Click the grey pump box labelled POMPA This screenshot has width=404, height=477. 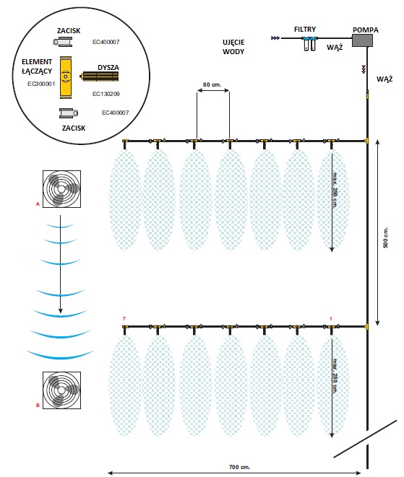click(x=362, y=40)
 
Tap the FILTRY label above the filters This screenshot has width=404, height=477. click(x=305, y=30)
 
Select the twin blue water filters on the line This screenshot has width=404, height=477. click(x=309, y=43)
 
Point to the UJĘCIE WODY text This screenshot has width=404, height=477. click(x=233, y=47)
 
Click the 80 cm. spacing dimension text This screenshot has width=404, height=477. click(x=212, y=84)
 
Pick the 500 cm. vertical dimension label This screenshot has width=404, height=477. click(x=385, y=237)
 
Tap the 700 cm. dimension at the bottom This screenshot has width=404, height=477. click(x=239, y=467)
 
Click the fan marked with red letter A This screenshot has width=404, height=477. click(x=61, y=189)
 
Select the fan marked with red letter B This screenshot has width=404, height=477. click(x=61, y=390)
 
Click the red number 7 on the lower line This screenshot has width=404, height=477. click(x=124, y=319)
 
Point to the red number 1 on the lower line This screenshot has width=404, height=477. click(x=331, y=319)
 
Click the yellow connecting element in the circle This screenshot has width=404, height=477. click(x=66, y=77)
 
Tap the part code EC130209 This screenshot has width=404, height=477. click(x=106, y=94)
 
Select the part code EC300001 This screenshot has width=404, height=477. click(x=41, y=84)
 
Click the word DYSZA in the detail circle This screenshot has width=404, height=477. click(x=108, y=68)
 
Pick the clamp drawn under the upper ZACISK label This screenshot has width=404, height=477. click(x=62, y=41)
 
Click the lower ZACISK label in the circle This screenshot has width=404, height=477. click(x=74, y=128)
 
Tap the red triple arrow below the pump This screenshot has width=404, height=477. click(x=364, y=69)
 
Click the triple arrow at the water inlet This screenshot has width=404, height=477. click(x=275, y=38)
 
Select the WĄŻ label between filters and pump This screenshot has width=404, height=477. click(x=335, y=48)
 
